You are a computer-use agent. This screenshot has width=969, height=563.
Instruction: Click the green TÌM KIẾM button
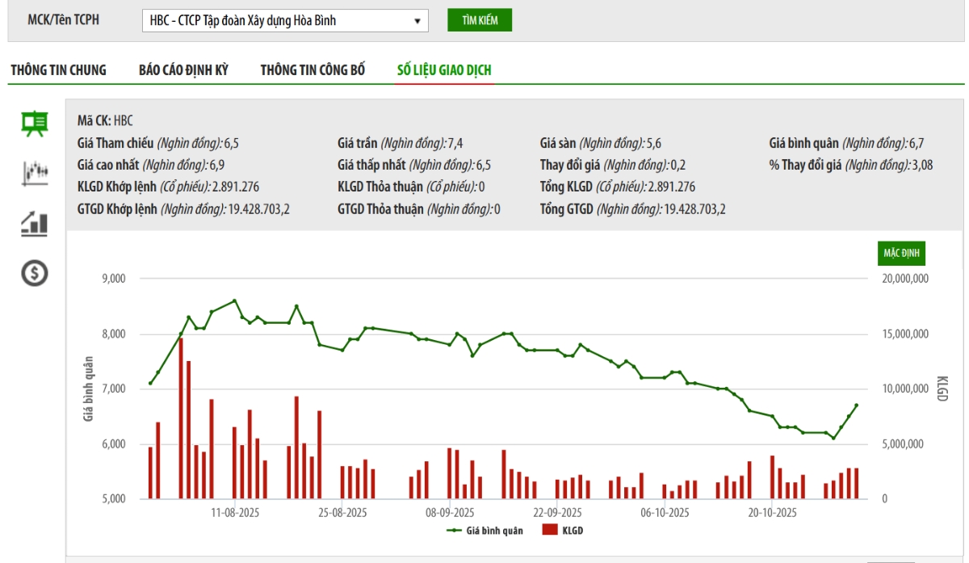pos(480,20)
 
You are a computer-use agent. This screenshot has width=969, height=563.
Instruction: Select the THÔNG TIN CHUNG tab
pos(58,70)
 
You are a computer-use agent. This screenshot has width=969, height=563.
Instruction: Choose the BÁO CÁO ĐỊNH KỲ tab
pos(183,70)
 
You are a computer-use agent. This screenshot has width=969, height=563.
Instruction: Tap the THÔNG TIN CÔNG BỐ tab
pos(313,70)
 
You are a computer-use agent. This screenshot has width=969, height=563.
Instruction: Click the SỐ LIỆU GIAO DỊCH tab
pos(444,70)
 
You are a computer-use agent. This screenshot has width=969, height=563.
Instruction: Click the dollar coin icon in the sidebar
pos(35,274)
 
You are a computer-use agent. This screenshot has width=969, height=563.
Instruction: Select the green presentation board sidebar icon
pos(35,124)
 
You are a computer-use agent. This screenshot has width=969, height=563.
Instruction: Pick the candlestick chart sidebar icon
pos(35,172)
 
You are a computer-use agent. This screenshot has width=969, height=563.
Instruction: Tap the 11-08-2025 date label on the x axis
pos(234,513)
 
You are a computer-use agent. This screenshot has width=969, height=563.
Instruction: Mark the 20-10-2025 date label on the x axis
pos(772,513)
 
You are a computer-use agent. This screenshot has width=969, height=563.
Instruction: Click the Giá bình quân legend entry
pos(484,531)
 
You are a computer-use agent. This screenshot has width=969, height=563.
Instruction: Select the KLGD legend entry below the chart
pos(563,531)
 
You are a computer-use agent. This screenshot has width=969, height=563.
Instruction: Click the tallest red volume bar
pos(181,418)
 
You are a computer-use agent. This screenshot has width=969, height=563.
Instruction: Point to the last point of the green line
pos(856,405)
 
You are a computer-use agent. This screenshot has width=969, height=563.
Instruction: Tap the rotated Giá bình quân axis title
pos(88,389)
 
